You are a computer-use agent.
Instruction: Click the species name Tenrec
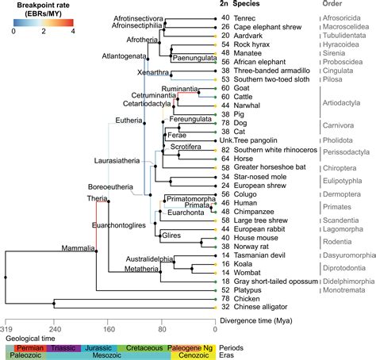tap(244, 18)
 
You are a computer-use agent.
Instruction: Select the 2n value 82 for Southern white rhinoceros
tap(225, 150)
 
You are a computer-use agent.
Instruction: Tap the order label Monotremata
tap(343, 290)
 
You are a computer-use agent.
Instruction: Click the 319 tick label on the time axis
tap(6, 329)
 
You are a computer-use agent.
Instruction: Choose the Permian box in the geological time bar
tap(30, 348)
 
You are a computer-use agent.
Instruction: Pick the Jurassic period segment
tap(99, 348)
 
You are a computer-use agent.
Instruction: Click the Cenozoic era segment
tap(193, 355)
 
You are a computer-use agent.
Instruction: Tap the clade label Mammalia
tap(78, 248)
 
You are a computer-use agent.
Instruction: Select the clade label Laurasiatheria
tap(117, 161)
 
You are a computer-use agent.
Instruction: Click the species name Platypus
tap(247, 290)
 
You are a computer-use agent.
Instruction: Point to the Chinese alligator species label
tap(260, 307)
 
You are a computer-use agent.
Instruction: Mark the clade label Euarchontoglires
tap(119, 225)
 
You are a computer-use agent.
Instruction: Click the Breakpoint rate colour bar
tap(44, 23)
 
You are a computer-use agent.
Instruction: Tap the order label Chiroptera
tap(340, 168)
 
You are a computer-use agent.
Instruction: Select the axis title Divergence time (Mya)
tap(256, 321)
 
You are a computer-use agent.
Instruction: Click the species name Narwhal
tap(247, 105)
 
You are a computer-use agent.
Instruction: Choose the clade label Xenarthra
tap(153, 72)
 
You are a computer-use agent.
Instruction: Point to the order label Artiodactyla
tap(341, 103)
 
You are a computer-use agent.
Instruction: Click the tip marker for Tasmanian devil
tap(215, 255)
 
